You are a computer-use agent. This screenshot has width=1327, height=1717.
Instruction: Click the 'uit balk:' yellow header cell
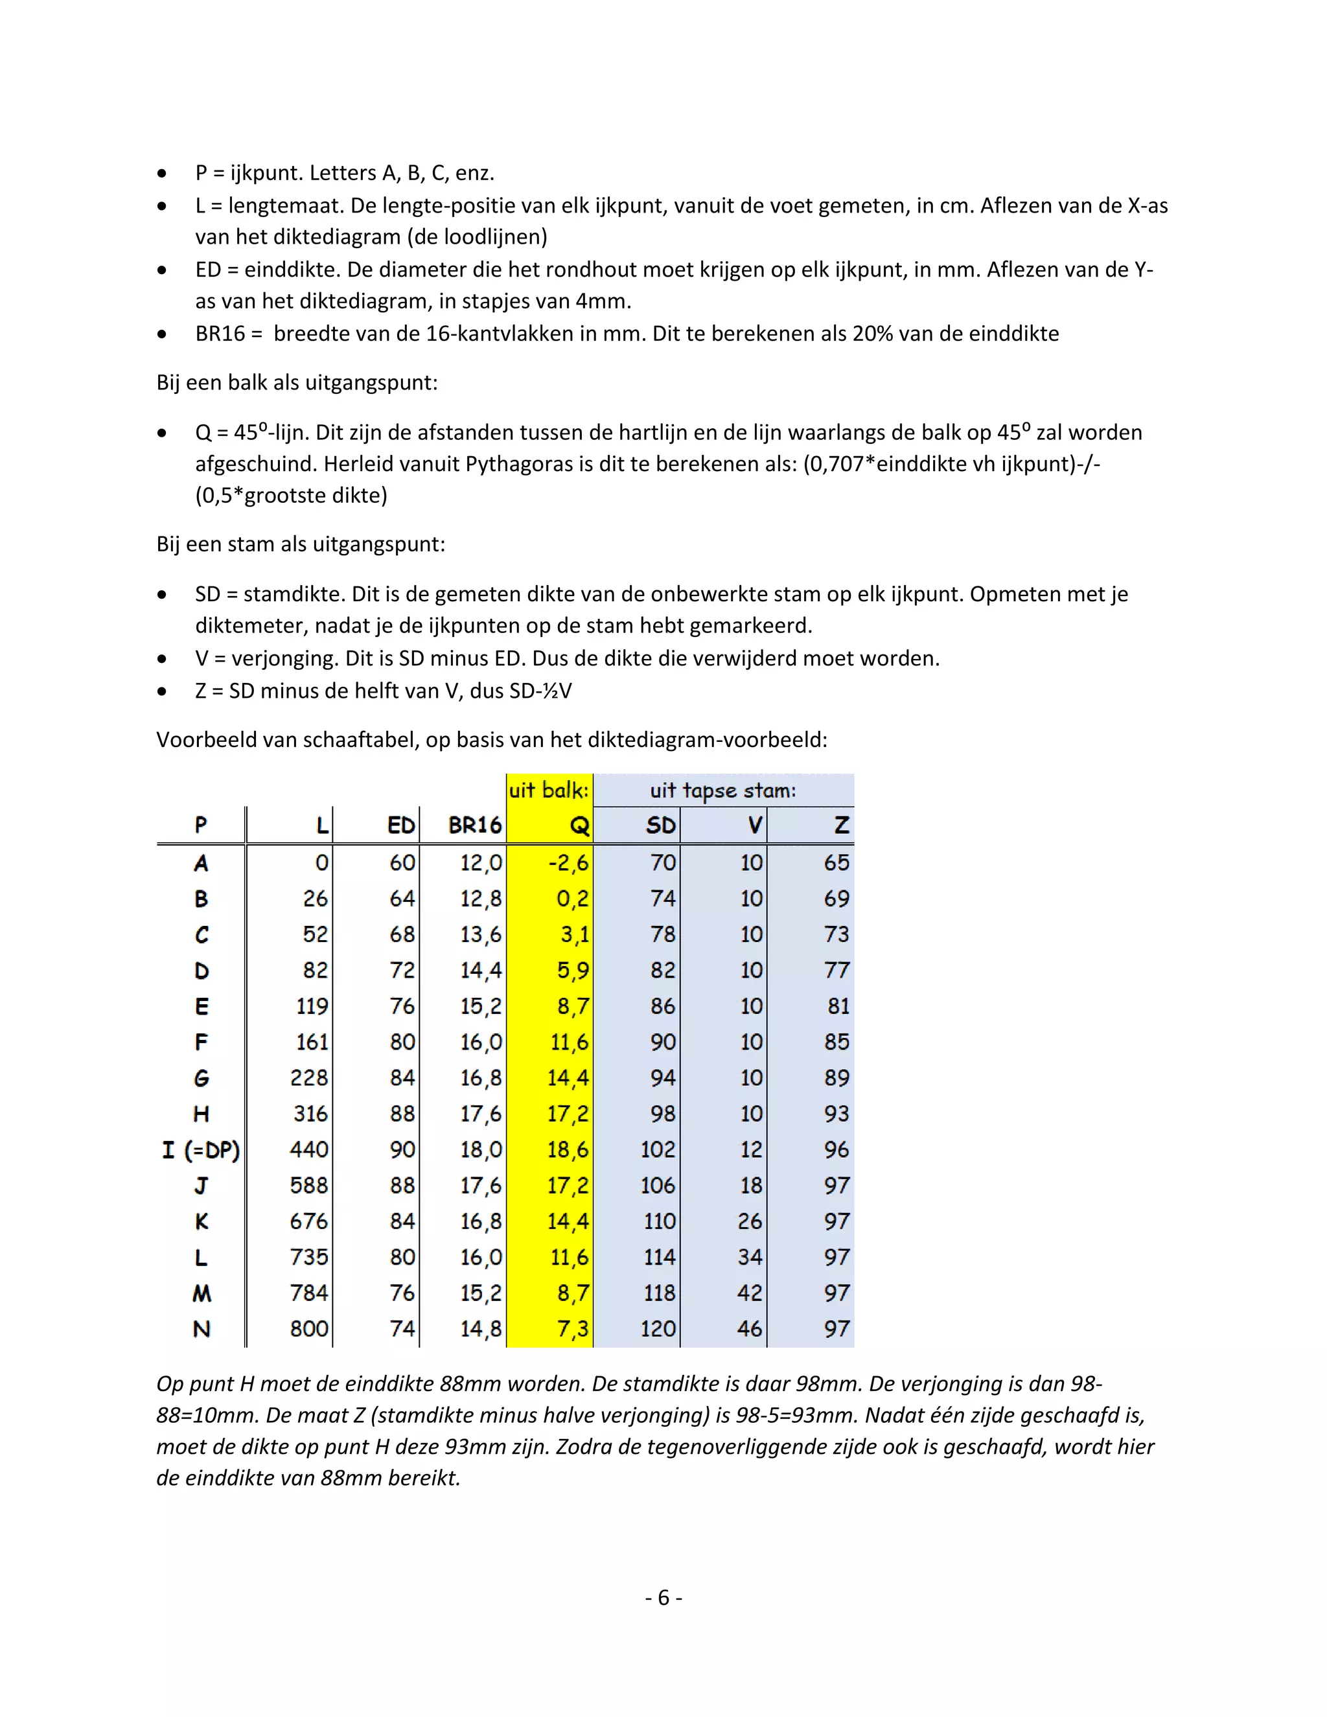pos(549,790)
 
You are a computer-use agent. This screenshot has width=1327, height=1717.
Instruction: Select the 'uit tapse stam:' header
pos(722,790)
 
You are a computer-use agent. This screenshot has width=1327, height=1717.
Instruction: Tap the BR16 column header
pos(474,825)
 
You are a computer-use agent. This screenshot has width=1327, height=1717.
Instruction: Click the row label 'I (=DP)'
pos(202,1150)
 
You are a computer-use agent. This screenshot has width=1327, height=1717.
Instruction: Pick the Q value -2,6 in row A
pos(568,862)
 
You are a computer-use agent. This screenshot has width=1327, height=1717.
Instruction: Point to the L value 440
pos(309,1149)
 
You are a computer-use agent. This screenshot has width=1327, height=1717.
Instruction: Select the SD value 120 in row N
pos(658,1329)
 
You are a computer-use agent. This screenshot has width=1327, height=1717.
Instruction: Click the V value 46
pos(749,1329)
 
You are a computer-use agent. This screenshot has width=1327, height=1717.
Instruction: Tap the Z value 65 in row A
pos(837,862)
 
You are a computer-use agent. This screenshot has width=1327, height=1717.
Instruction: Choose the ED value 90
pos(402,1149)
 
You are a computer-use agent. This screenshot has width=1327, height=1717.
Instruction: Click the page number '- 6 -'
pos(663,1598)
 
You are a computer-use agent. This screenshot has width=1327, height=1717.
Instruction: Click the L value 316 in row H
pos(310,1113)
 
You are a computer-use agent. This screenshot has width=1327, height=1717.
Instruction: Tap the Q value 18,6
pos(568,1149)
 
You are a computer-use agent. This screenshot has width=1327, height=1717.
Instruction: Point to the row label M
pos(202,1293)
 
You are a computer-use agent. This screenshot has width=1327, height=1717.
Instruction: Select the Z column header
pos(841,825)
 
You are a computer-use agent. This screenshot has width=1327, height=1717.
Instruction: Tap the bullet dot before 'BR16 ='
pos(162,334)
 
